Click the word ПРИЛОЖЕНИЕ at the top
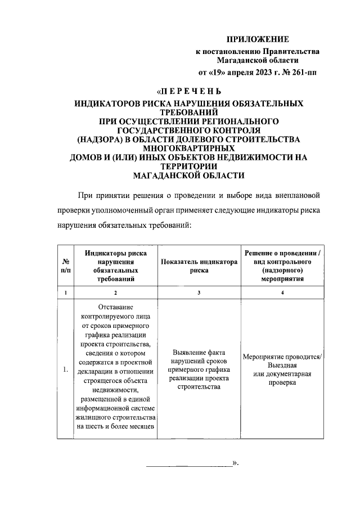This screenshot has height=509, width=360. [257, 39]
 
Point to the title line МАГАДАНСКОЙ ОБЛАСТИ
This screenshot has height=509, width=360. [188, 175]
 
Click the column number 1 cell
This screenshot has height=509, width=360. [66, 292]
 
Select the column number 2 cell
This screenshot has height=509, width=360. [115, 292]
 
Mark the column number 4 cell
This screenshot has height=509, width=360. [282, 292]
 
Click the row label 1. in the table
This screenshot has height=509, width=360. [66, 370]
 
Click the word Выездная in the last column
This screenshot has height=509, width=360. [282, 365]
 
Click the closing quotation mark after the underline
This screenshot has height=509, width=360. [237, 465]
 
